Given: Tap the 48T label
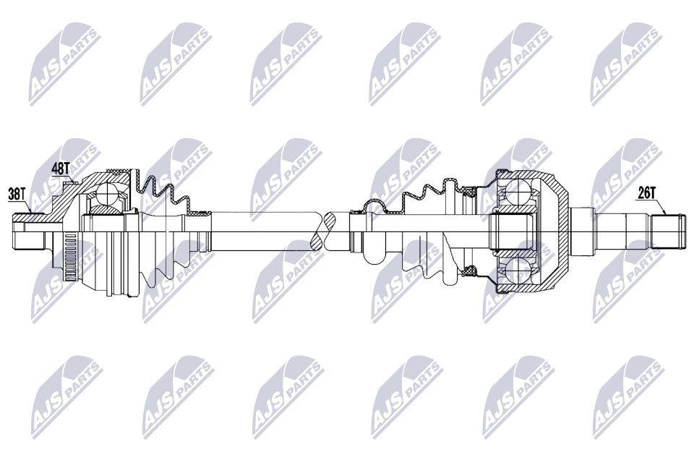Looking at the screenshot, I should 61,169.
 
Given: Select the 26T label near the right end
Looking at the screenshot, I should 646,192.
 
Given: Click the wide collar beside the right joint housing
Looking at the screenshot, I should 582,231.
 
